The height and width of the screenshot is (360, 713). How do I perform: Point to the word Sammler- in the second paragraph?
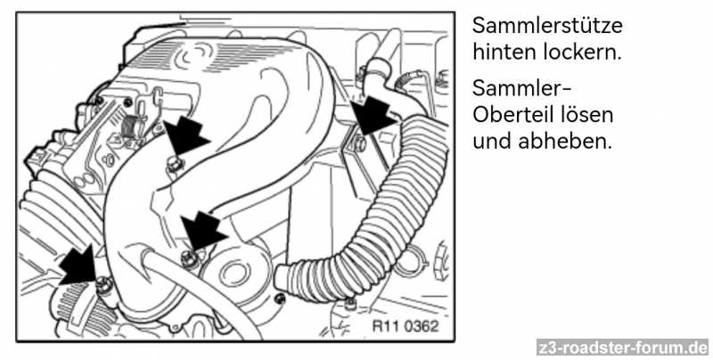pyautogui.click(x=521, y=89)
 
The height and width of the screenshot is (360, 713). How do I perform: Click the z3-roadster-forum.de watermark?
pyautogui.click(x=622, y=348)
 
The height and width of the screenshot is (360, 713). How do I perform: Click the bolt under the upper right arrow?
pyautogui.click(x=358, y=143)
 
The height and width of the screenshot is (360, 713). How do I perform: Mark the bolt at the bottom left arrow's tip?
pyautogui.click(x=105, y=285)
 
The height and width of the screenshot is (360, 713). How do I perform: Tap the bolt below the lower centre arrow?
pyautogui.click(x=187, y=258)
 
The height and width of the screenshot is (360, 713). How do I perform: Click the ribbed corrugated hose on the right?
pyautogui.click(x=392, y=223)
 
